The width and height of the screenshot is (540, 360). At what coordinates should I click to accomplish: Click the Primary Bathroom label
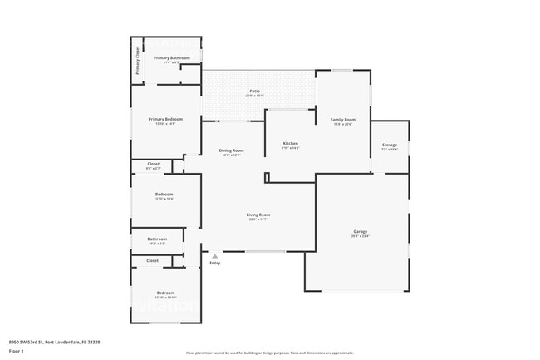172,57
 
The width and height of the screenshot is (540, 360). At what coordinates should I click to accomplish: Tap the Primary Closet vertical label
138,60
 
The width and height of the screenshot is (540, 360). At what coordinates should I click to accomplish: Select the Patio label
254,91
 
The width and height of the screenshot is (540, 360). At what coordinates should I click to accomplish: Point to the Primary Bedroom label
165,119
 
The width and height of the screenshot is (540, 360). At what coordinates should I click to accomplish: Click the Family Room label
342,119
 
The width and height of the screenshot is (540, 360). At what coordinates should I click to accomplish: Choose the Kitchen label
290,144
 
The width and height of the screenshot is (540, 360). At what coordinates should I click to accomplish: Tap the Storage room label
389,145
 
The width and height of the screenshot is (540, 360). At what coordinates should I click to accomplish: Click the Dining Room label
231,150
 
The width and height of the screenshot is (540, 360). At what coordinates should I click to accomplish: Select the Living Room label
258,215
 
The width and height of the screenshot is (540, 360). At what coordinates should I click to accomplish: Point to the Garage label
360,231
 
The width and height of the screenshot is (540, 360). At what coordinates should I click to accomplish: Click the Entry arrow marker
214,256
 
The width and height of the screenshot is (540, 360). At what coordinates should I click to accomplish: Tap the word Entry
214,264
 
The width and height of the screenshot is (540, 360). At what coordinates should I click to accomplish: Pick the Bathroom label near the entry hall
157,239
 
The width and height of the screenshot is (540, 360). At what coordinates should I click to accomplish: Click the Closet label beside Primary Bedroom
153,164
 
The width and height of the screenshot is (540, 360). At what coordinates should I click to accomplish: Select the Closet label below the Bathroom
152,260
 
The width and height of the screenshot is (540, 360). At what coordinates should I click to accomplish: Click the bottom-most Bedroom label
166,292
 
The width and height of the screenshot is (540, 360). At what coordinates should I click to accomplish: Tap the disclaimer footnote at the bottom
269,353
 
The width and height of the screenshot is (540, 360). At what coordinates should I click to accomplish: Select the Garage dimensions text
360,236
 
